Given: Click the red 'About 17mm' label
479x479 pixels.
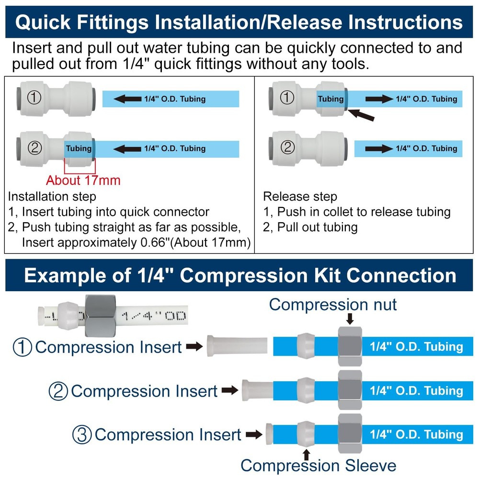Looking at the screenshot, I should (83, 180).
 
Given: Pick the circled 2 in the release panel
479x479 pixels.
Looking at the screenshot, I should (287, 148).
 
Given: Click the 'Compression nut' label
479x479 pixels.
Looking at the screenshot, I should (333, 304).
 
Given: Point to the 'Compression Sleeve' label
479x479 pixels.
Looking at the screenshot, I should (318, 465).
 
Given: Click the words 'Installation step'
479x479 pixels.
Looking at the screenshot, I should (52, 196).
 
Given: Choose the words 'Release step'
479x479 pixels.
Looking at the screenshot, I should (300, 196).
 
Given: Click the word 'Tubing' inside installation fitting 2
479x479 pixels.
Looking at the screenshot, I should (79, 148).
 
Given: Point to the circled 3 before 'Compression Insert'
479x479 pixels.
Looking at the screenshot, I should (82, 435).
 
